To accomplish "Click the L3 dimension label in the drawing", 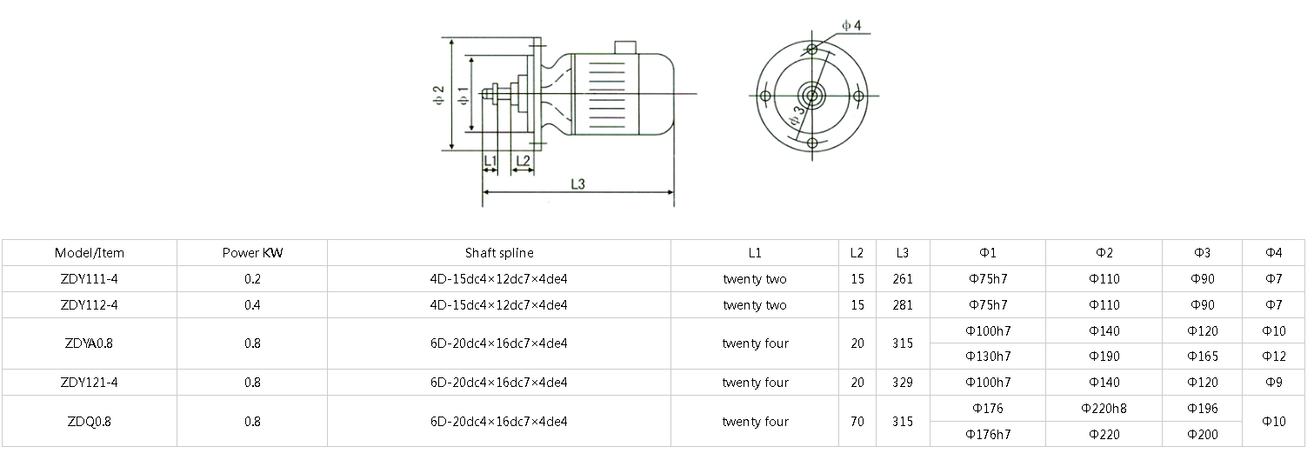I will pyautogui.click(x=577, y=183).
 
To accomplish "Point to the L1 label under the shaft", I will pyautogui.click(x=490, y=161).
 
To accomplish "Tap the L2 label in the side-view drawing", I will pyautogui.click(x=523, y=161).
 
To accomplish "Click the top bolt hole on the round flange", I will pyautogui.click(x=811, y=49).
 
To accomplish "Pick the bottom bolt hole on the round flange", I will pyautogui.click(x=811, y=143).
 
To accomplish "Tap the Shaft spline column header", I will pyautogui.click(x=499, y=253).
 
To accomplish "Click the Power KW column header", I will pyautogui.click(x=252, y=253).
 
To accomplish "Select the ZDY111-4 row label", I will pyautogui.click(x=90, y=279).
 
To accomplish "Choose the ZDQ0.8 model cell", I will pyautogui.click(x=90, y=422).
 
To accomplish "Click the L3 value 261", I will pyautogui.click(x=903, y=279).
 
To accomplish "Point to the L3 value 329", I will pyautogui.click(x=903, y=383).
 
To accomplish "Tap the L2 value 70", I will pyautogui.click(x=857, y=422).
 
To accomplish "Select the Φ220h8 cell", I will pyautogui.click(x=1103, y=408).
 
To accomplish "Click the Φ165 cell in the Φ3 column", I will pyautogui.click(x=1203, y=357).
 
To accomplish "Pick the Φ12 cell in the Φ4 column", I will pyautogui.click(x=1273, y=357).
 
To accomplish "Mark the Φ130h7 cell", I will pyautogui.click(x=988, y=357).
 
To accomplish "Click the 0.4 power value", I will pyautogui.click(x=252, y=305).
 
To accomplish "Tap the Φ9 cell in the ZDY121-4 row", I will pyautogui.click(x=1273, y=383).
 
